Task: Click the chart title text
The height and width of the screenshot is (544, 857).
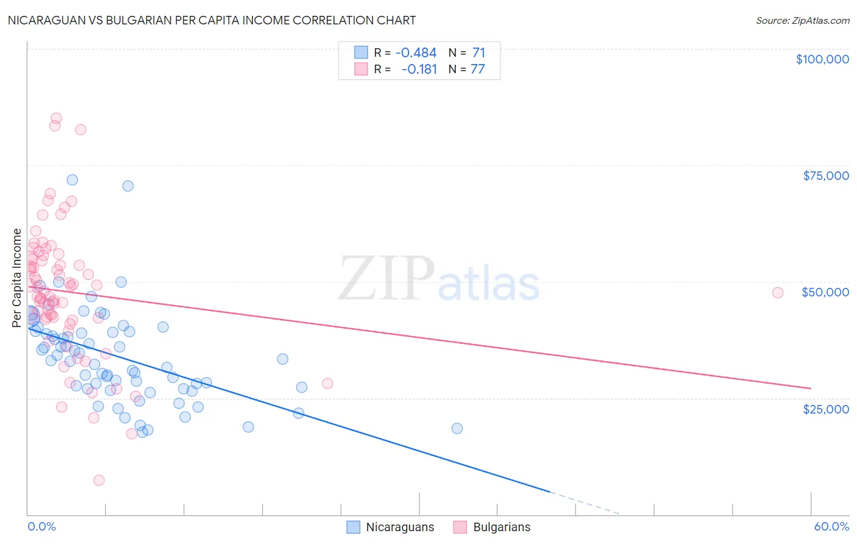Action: pos(212,20)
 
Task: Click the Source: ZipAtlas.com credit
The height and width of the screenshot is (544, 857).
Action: pos(802,21)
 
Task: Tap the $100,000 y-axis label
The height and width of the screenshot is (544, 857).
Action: pos(822,59)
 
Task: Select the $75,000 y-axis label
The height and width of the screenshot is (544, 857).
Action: pos(825,176)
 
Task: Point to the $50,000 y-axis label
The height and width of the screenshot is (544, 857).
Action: pos(825,292)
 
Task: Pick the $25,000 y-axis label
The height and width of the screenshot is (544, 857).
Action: pos(825,409)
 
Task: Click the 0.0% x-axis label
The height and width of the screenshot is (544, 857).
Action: pos(41,526)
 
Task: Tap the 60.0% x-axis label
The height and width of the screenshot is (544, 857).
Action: pos(831,526)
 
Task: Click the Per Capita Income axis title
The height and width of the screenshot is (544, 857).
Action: pos(17,277)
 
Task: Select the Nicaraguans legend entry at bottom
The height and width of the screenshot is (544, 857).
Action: pos(390,527)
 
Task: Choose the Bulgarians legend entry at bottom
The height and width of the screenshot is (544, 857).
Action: pos(492,527)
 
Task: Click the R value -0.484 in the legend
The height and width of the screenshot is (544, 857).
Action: pos(416,53)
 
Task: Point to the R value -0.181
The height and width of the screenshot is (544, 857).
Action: pos(419,70)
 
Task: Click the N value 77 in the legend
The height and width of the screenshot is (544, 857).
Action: pos(477,70)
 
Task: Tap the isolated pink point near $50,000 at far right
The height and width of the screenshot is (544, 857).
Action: pos(777,293)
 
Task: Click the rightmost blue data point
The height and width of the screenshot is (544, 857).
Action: pos(457,428)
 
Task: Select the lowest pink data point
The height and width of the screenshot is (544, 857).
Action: pos(99,480)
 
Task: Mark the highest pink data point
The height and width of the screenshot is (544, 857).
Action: pos(56,118)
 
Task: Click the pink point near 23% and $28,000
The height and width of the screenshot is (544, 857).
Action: pos(327,384)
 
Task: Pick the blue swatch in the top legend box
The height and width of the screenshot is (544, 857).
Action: pos(361,53)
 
